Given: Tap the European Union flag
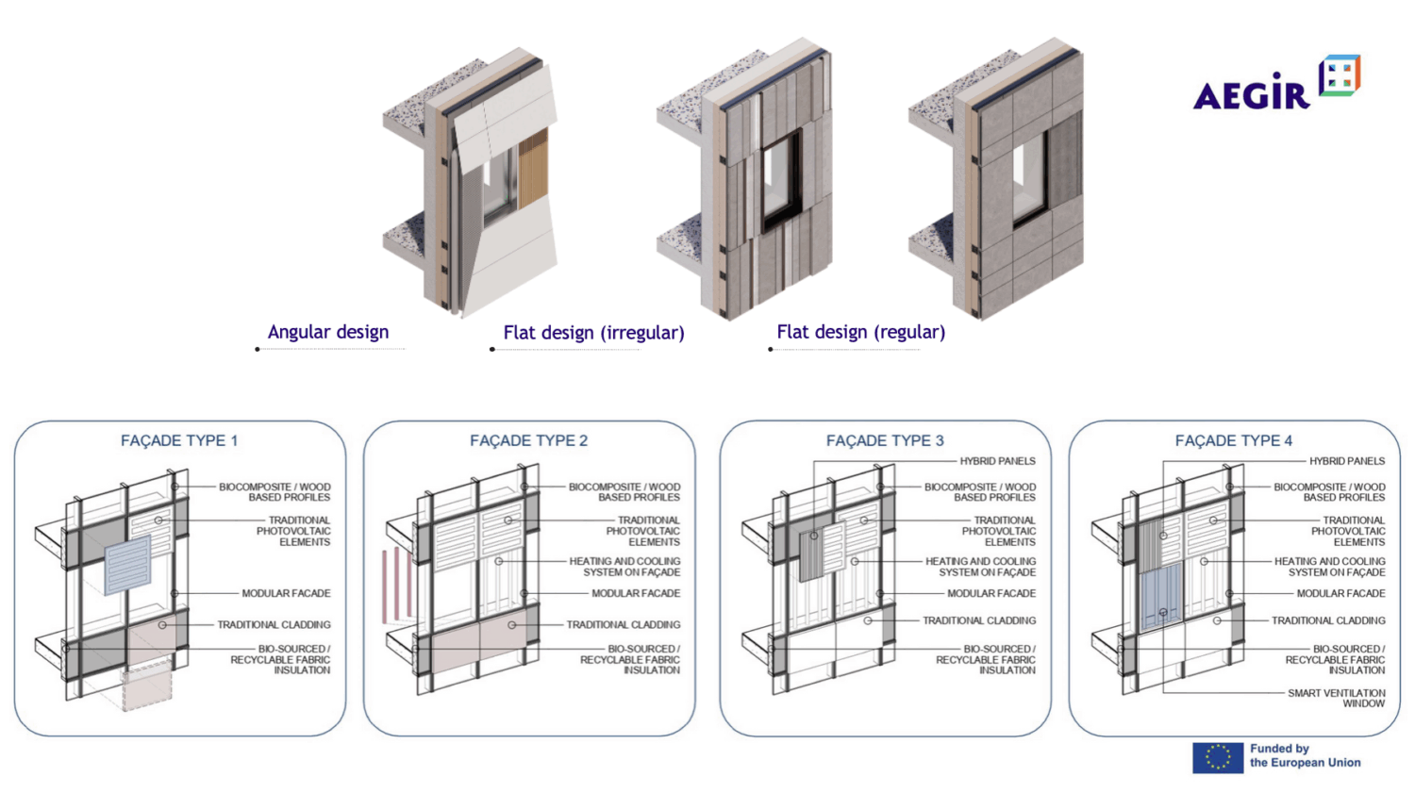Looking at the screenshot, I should [1217, 757].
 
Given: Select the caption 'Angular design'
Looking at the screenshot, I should [327, 332].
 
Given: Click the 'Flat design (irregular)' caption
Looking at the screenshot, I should [593, 333].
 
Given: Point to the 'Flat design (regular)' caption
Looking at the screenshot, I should [860, 332].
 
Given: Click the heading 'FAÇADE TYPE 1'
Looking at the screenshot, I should [179, 440].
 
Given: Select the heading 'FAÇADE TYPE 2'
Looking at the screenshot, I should [528, 440].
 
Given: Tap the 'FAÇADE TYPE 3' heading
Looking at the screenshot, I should [885, 440].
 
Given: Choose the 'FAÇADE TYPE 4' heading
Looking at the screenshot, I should [1233, 440].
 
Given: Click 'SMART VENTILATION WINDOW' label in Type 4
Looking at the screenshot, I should [1336, 698].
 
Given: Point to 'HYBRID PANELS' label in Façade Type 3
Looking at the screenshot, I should [997, 461].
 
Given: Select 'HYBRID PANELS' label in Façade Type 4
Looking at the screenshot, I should [1346, 461].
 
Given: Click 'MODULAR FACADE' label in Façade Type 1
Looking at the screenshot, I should [286, 593].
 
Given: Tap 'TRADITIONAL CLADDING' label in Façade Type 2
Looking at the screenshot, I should [623, 624].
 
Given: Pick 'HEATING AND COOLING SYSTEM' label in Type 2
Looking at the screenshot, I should [624, 567].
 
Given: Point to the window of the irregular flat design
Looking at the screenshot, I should [780, 179].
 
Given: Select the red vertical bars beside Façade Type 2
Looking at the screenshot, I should [396, 585].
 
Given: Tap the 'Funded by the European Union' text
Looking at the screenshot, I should [1305, 756].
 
